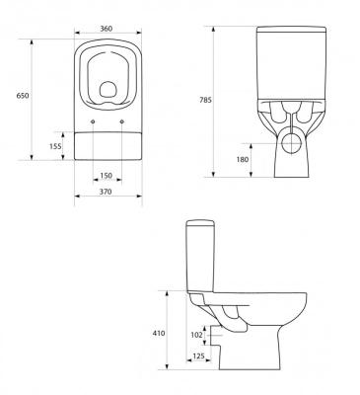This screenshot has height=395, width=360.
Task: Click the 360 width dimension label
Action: click(107, 29)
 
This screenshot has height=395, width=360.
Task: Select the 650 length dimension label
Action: click(23, 96)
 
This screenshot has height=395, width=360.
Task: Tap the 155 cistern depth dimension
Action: click(55, 146)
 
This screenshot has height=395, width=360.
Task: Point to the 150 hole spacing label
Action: click(107, 176)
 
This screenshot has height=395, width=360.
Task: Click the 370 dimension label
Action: click(106, 192)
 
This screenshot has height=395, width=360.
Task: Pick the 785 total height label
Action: click(205, 100)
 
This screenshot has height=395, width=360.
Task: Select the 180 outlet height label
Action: click(243, 160)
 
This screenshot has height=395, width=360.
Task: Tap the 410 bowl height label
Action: click(159, 334)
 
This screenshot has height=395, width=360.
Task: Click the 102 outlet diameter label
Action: click(196, 335)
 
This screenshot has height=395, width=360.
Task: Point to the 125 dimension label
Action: click(198, 355)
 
